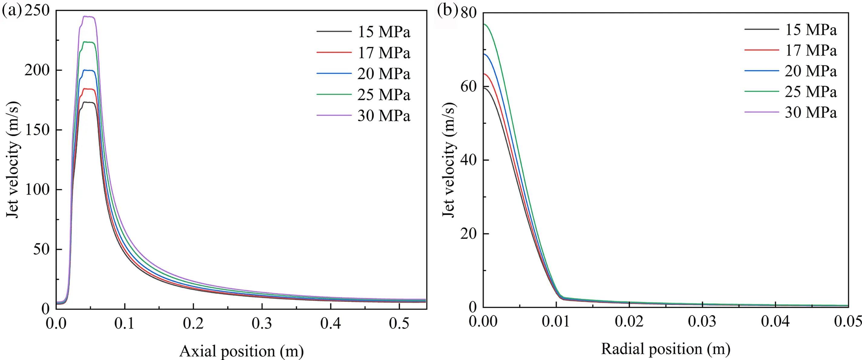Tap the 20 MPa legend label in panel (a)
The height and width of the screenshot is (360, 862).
384,74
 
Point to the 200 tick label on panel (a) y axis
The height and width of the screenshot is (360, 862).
37,70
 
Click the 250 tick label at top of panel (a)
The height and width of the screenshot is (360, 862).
37,11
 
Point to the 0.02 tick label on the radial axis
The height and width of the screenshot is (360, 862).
629,321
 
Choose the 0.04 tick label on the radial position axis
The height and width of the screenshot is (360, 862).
775,321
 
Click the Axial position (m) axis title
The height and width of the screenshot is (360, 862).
241,351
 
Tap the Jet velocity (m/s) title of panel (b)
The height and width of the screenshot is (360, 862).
449,160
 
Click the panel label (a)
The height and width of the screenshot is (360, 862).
11,11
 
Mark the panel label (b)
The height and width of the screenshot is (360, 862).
447,11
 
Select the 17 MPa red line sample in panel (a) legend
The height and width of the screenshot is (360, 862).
334,53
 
